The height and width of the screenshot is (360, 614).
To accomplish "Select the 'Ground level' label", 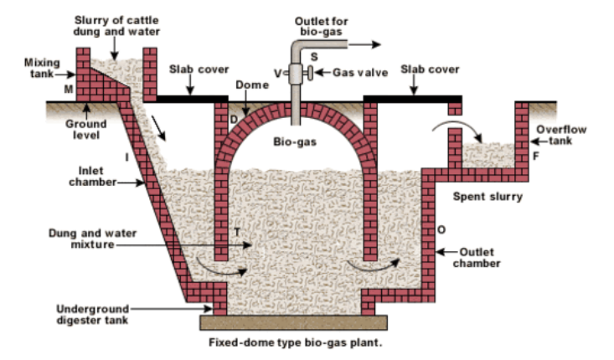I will click(x=86, y=129).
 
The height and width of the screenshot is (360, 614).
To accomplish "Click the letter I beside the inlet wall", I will click(x=126, y=157).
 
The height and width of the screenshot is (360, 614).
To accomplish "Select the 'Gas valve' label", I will click(x=361, y=73).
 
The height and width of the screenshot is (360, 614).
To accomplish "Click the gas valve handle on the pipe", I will click(x=309, y=74).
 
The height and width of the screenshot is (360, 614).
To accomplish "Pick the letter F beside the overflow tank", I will click(x=536, y=156).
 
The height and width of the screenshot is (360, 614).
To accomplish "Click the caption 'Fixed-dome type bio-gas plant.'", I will click(x=298, y=343).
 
